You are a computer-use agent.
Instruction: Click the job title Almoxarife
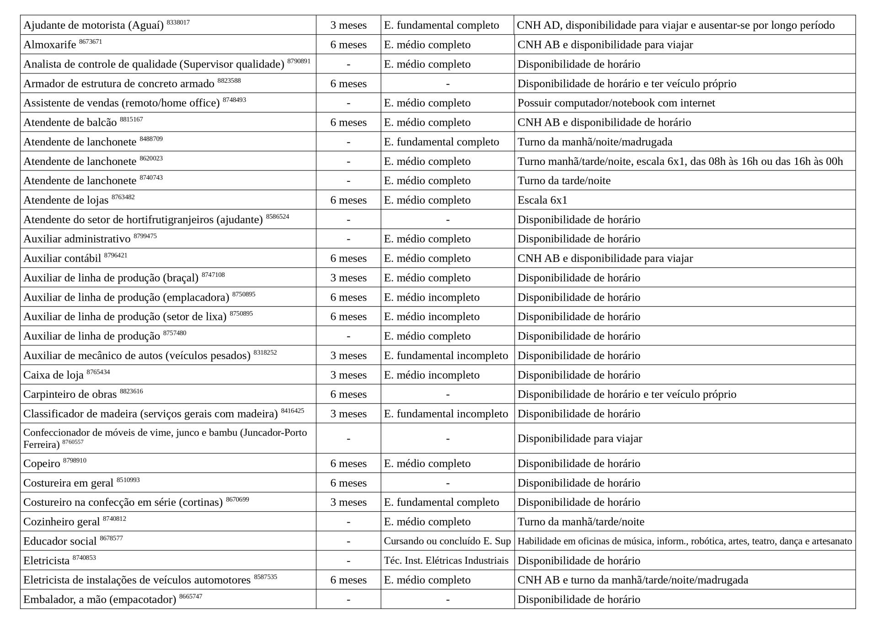pos(49,45)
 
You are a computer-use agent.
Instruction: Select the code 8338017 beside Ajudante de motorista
pos(178,22)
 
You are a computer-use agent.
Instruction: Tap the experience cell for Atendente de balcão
pos(348,122)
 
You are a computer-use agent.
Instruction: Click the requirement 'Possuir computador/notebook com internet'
pos(616,103)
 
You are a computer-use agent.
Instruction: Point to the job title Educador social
pos(59,541)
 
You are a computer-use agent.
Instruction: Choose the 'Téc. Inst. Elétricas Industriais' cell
pos(446,561)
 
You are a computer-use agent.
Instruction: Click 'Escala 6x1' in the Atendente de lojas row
pos(542,200)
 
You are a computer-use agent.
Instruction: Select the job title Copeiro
pos(42,464)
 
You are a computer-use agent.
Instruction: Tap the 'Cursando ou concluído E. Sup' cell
pos(447,541)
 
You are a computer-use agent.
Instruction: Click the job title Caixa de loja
pos(53,375)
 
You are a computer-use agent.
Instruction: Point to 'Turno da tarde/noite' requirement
pos(564,180)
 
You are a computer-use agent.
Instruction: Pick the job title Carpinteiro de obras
pos(70,394)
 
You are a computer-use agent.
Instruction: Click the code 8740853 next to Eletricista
pos(84,557)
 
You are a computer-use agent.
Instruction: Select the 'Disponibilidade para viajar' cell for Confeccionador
pos(579,439)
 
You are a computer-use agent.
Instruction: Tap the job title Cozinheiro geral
pos(61,522)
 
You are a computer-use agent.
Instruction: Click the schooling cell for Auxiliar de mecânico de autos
pos(446,355)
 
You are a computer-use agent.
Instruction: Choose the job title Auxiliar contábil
pos(62,259)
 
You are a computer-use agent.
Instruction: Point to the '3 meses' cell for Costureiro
pos(348,502)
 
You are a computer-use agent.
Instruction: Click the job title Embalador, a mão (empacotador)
pos(99,599)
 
